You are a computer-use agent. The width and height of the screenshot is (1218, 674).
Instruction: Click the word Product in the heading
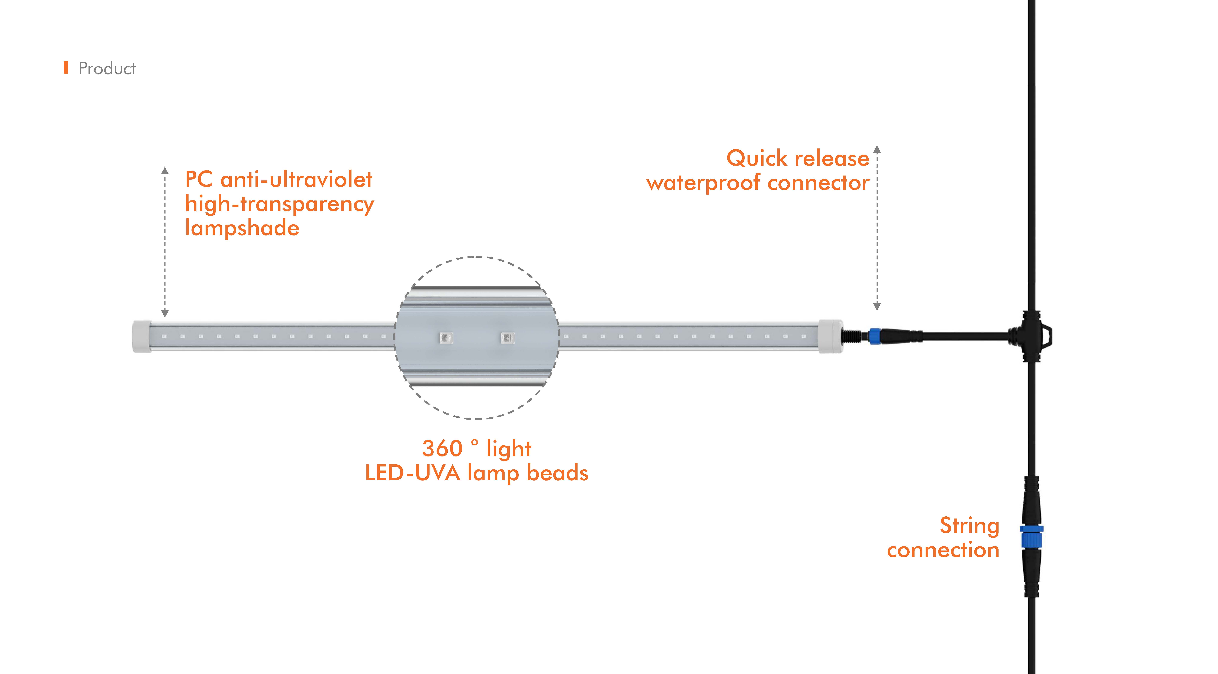coord(107,69)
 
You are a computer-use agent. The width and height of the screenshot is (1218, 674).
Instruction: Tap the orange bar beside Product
coord(66,68)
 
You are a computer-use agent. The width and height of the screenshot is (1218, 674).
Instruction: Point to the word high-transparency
coord(279,204)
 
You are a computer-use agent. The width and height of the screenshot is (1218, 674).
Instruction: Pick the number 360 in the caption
coord(442,448)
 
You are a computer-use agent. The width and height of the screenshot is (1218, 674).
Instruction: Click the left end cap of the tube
coord(141,336)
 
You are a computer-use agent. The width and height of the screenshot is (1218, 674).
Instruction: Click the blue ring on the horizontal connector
coord(874,336)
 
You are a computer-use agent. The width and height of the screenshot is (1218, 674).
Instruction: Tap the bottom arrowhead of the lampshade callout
coord(165,314)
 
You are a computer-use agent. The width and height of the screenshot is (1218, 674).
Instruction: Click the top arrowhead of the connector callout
coord(877,149)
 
